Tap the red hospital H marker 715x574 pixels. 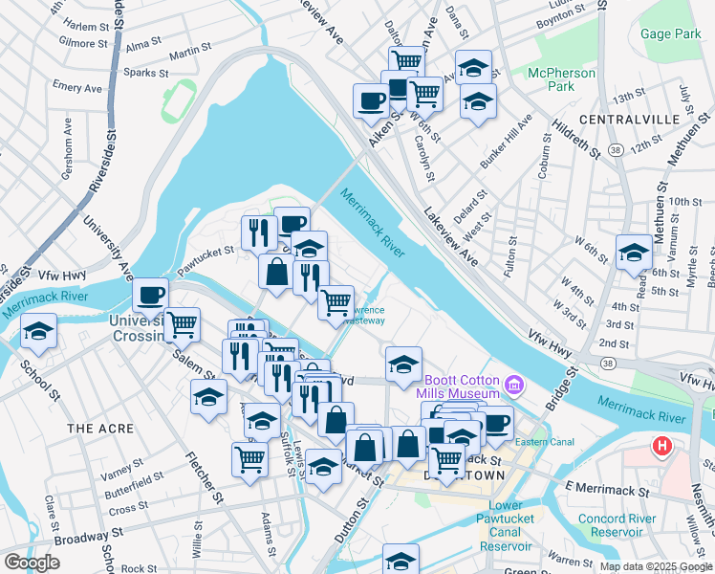661,446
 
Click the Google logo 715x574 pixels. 32,563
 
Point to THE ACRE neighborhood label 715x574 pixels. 100,429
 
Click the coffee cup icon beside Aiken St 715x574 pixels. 370,100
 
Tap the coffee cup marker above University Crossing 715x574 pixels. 150,294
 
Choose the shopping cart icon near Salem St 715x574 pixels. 182,323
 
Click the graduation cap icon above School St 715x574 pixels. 38,331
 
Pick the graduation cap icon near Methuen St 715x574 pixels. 633,253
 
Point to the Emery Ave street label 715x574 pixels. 77,88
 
